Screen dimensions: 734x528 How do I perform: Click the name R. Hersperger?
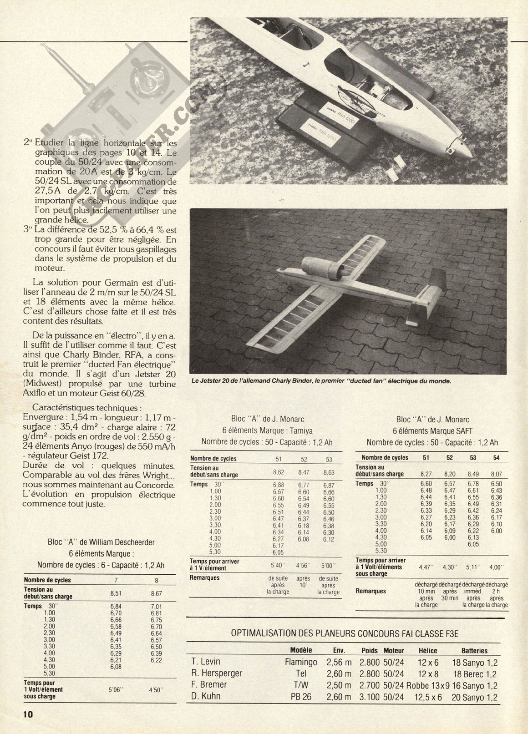click(x=217, y=673)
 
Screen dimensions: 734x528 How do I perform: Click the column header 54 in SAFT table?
click(x=497, y=457)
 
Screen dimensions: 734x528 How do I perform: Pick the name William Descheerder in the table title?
click(x=122, y=542)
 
